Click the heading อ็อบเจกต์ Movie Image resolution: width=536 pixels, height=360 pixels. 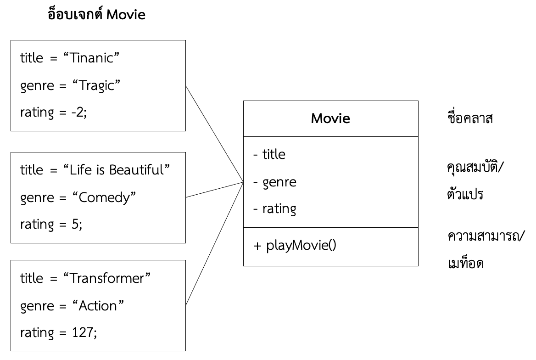pos(96,15)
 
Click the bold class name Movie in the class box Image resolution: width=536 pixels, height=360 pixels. pos(330,118)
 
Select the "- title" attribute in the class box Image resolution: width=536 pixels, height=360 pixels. pos(269,155)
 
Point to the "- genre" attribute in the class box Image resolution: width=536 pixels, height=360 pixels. pos(275,182)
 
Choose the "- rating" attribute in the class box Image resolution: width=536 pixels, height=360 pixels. pos(275,209)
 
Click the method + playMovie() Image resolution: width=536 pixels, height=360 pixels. pos(295,246)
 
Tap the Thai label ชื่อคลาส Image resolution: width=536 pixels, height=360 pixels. pos(466,119)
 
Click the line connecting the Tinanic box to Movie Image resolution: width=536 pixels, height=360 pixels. pos(214,134)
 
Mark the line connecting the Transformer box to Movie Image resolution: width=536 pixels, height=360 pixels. pos(214,244)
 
